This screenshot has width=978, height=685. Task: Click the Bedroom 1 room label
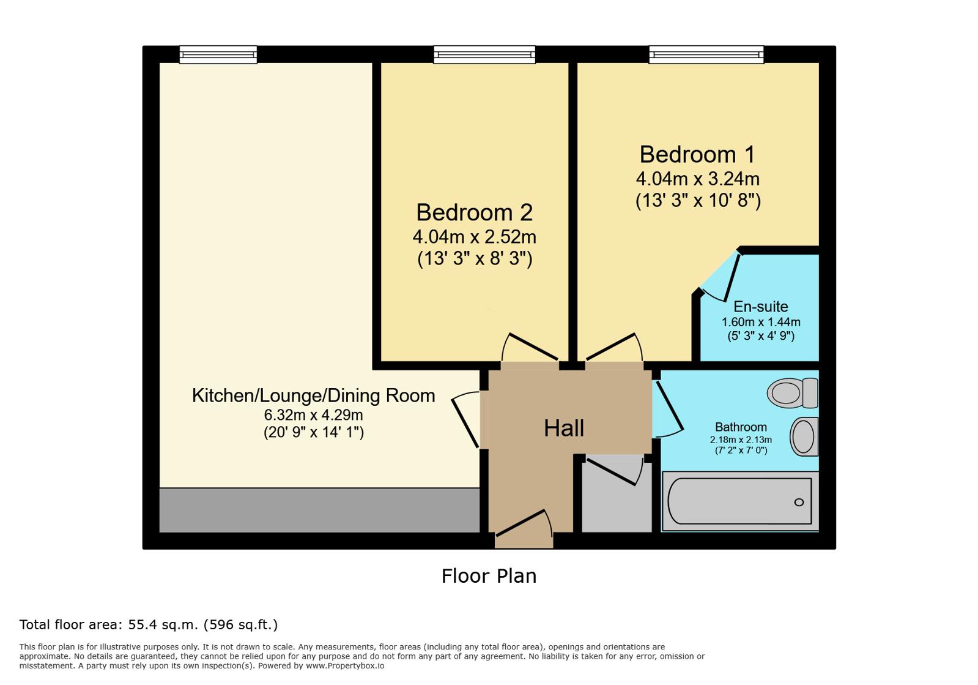pyautogui.click(x=697, y=155)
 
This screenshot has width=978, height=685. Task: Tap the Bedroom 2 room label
pyautogui.click(x=474, y=213)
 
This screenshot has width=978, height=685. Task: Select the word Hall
pyautogui.click(x=564, y=428)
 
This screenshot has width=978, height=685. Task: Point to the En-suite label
pyautogui.click(x=761, y=307)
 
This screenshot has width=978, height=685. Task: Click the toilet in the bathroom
pyautogui.click(x=793, y=393)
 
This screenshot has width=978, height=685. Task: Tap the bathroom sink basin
pyautogui.click(x=804, y=437)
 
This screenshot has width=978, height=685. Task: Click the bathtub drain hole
pyautogui.click(x=799, y=503)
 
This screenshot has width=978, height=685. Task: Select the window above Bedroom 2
pyautogui.click(x=484, y=54)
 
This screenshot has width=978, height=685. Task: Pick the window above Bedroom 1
pyautogui.click(x=706, y=54)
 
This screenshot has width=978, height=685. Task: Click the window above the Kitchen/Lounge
pyautogui.click(x=218, y=54)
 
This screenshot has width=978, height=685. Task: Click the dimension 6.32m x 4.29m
pyautogui.click(x=314, y=414)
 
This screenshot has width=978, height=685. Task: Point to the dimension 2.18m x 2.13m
pyautogui.click(x=741, y=440)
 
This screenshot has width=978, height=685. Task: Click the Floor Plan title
pyautogui.click(x=489, y=576)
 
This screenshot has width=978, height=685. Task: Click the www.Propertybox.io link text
pyautogui.click(x=345, y=666)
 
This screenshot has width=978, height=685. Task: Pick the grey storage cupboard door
pyautogui.click(x=614, y=471)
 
